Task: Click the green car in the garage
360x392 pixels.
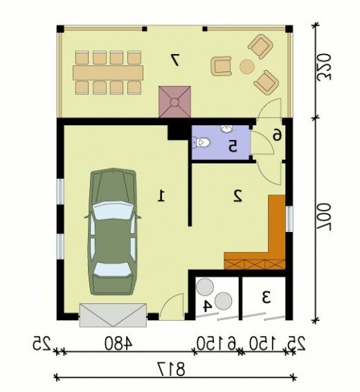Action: tap(112, 232)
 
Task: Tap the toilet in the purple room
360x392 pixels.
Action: tap(201, 143)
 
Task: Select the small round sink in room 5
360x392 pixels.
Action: tap(227, 129)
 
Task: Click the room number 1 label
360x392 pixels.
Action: tap(161, 196)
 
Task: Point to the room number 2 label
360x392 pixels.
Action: tap(237, 196)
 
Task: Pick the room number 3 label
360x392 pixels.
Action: tap(267, 298)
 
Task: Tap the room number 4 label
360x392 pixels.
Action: tap(206, 306)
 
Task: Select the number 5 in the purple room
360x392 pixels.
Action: tap(233, 146)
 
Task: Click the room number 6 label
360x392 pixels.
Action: tap(277, 136)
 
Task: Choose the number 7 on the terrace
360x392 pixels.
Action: tap(174, 60)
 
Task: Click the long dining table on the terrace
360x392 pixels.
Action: tap(108, 73)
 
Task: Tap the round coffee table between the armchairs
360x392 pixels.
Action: tap(247, 66)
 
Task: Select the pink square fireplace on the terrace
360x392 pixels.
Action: tap(174, 102)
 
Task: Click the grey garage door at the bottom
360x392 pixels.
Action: tap(113, 315)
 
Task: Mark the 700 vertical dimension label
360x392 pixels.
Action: tap(324, 216)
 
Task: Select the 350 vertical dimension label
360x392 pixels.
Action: tap(324, 66)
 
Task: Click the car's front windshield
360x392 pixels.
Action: tap(113, 211)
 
